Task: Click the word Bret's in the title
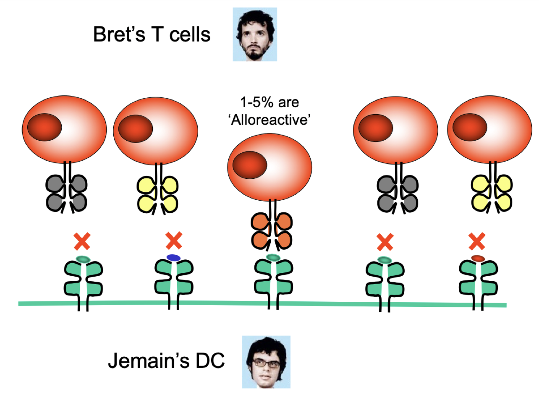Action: (119, 34)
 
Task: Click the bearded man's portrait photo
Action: (255, 34)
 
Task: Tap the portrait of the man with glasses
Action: (266, 362)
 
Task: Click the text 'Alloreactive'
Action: (269, 120)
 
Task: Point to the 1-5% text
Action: (256, 102)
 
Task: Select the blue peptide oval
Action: (173, 257)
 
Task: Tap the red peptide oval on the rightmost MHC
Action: (478, 258)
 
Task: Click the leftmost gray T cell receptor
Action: (67, 194)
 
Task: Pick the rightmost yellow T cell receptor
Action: (492, 194)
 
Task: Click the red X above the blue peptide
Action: (174, 241)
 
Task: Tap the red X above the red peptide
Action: (477, 241)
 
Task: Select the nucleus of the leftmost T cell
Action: (45, 127)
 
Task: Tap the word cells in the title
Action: (190, 34)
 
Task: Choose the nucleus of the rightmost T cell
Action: (470, 127)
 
